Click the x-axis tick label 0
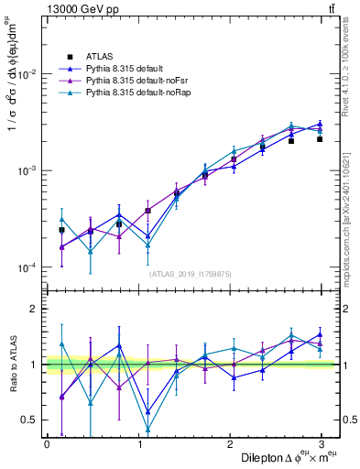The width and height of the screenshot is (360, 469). click(47, 444)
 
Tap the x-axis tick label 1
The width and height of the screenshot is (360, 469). click(139, 444)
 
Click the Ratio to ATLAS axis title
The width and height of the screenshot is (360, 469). click(11, 364)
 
